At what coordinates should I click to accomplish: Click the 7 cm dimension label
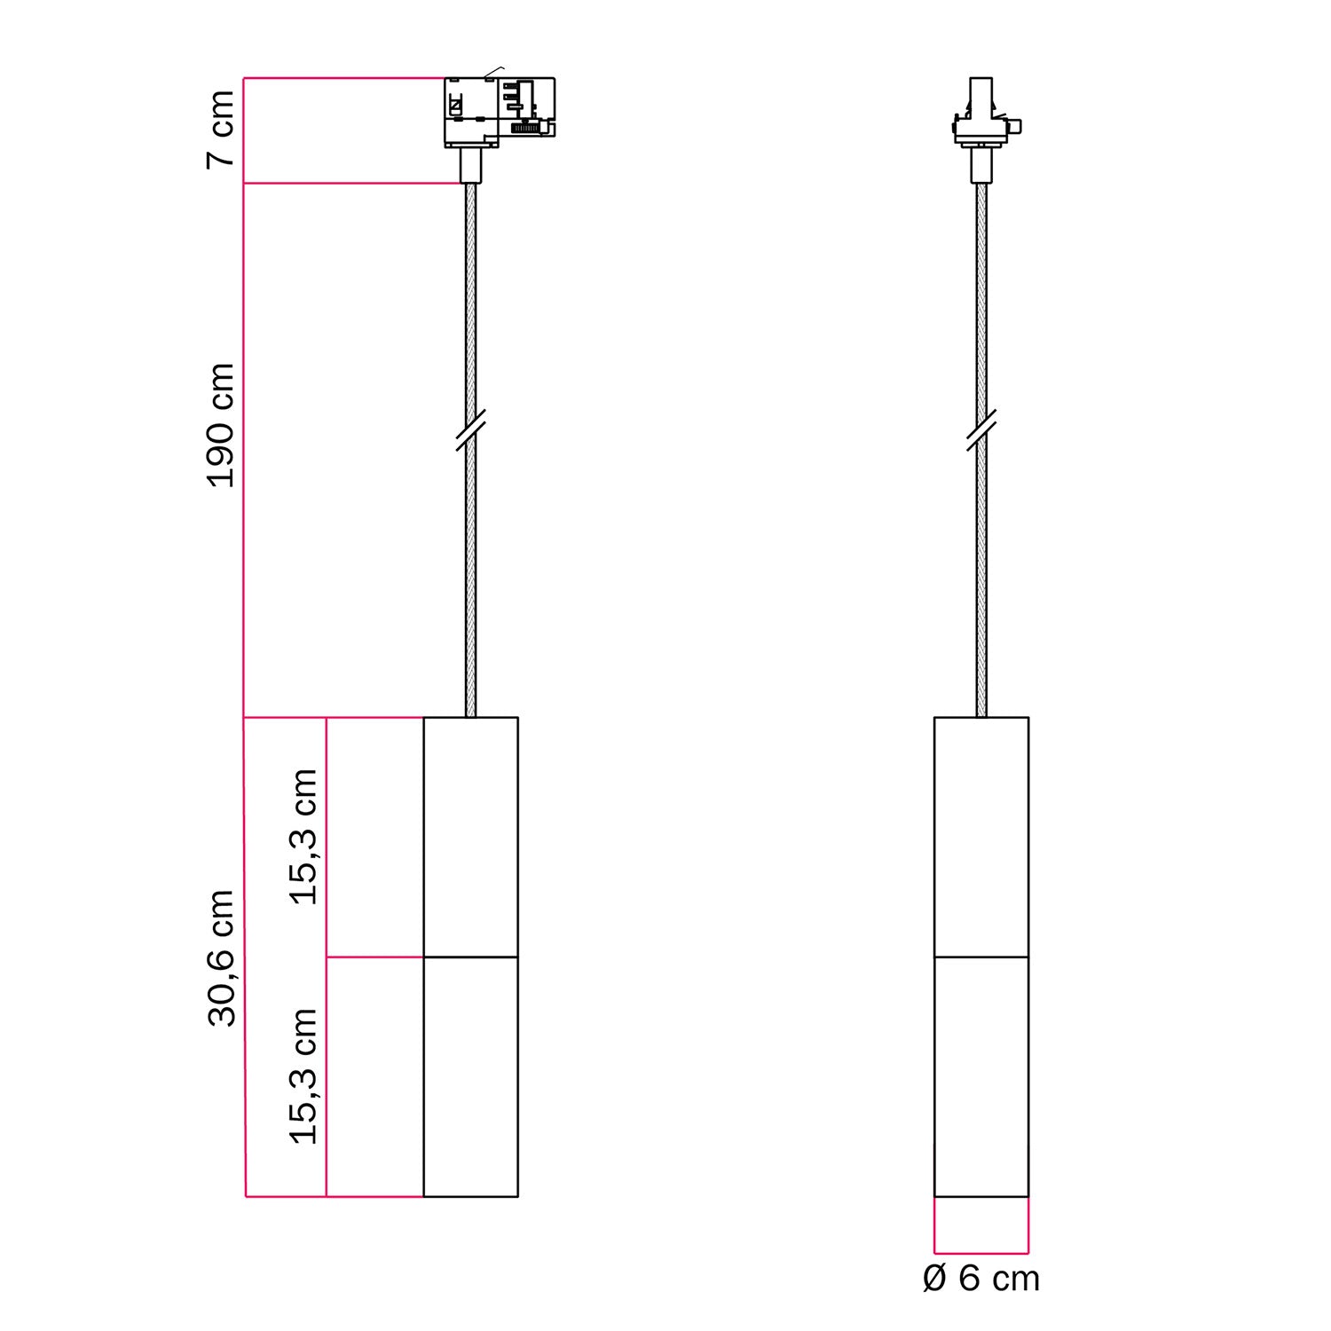(x=220, y=130)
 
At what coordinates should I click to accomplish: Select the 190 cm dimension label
(x=220, y=425)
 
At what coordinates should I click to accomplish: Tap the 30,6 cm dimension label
(x=221, y=958)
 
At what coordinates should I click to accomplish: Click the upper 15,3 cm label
(x=303, y=837)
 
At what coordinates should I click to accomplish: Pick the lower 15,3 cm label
(x=303, y=1075)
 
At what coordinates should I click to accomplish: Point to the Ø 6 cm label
(x=981, y=1279)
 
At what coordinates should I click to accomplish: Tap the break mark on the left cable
(x=470, y=430)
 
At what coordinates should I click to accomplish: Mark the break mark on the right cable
(x=981, y=430)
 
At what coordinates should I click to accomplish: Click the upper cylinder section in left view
(x=470, y=837)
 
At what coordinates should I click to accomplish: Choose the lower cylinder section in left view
(x=470, y=1076)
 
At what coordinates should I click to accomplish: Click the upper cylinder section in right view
(x=981, y=837)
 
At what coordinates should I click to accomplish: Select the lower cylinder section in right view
(x=981, y=1076)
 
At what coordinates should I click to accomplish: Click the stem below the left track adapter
(x=470, y=165)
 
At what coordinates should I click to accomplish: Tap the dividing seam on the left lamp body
(x=470, y=957)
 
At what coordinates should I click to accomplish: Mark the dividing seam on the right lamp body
(x=981, y=957)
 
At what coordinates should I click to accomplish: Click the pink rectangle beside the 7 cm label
(x=346, y=130)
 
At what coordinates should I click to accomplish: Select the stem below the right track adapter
(x=981, y=165)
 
